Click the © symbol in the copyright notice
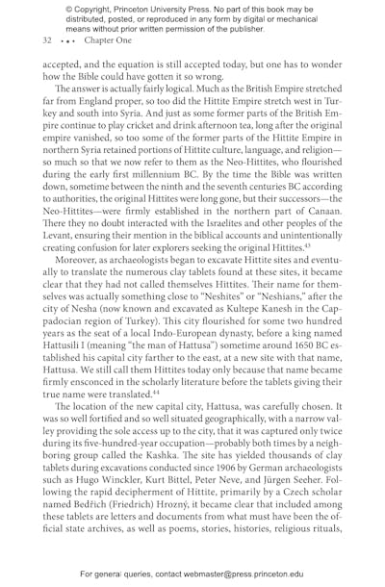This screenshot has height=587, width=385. (68, 7)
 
